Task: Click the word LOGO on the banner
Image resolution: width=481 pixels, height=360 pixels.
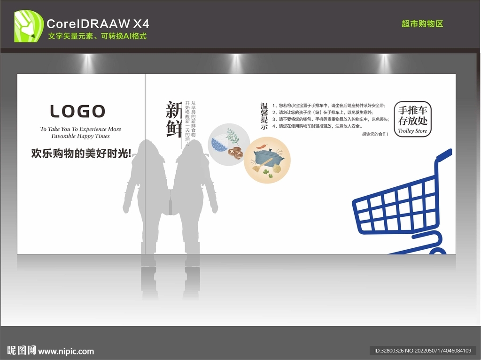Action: pyautogui.click(x=78, y=111)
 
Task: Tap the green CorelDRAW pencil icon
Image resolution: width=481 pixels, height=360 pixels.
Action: pyautogui.click(x=29, y=26)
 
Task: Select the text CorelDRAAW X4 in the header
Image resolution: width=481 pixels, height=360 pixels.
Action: pyautogui.click(x=98, y=23)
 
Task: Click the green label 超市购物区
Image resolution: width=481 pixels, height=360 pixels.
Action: pyautogui.click(x=422, y=23)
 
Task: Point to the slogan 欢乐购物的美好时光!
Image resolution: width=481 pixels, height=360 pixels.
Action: pyautogui.click(x=81, y=153)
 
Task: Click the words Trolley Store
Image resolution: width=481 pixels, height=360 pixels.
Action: pyautogui.click(x=412, y=131)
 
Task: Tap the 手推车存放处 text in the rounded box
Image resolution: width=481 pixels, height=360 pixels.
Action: pyautogui.click(x=412, y=115)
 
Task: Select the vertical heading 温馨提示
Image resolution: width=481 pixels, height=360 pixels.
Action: pyautogui.click(x=264, y=116)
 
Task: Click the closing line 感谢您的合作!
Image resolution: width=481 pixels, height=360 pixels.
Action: pyautogui.click(x=375, y=134)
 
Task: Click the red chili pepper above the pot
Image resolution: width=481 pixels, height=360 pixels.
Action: pyautogui.click(x=263, y=146)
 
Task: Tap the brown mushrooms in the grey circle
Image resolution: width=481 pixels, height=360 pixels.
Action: pyautogui.click(x=235, y=152)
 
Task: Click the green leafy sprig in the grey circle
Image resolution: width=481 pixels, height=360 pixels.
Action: pyautogui.click(x=233, y=136)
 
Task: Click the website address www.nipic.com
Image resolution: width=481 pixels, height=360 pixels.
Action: pyautogui.click(x=66, y=351)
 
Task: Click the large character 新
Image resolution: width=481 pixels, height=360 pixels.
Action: pyautogui.click(x=174, y=111)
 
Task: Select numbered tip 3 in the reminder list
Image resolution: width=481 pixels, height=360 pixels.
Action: pyautogui.click(x=329, y=119)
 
